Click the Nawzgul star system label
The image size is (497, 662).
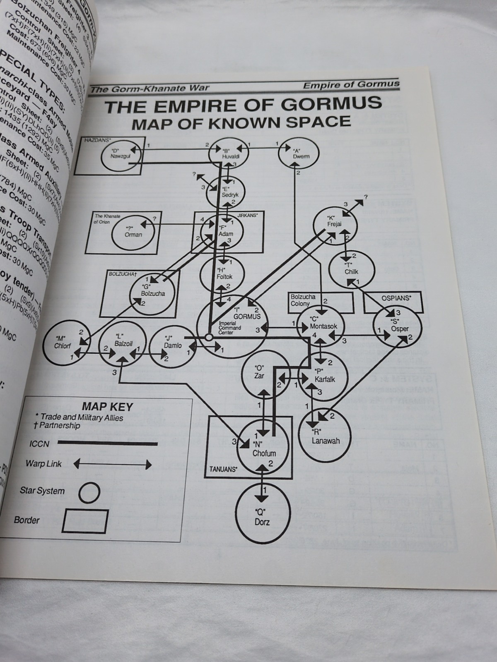click(119, 156)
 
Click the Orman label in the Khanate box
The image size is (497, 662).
click(133, 234)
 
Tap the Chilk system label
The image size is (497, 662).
click(351, 271)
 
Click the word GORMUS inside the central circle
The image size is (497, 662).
click(247, 317)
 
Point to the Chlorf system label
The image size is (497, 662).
click(63, 346)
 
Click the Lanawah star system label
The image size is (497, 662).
click(326, 441)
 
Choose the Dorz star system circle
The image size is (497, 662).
click(262, 517)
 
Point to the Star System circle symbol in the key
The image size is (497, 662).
click(89, 492)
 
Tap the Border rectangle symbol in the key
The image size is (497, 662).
click(84, 521)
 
